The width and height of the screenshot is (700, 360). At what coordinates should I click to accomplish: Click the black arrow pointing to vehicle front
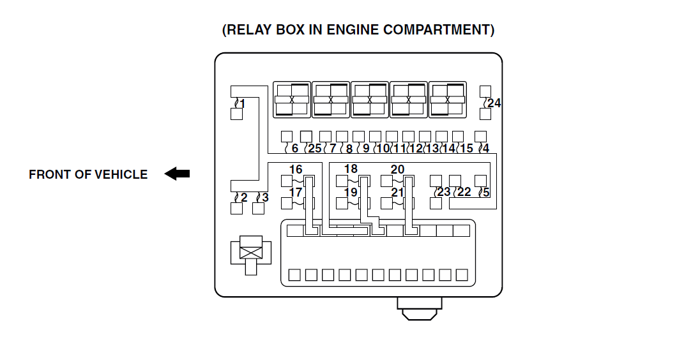[x=177, y=174]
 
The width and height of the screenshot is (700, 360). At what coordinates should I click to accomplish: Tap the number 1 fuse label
[x=242, y=103]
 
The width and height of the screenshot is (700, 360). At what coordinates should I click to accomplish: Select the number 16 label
[x=296, y=170]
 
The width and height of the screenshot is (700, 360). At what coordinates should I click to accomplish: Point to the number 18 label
[x=351, y=169]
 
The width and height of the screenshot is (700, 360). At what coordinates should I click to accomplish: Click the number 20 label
[x=397, y=169]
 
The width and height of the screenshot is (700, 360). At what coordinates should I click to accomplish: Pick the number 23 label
[x=444, y=191]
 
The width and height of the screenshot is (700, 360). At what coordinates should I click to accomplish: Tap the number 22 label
[x=464, y=191]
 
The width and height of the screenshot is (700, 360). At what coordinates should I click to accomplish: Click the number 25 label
[x=314, y=149]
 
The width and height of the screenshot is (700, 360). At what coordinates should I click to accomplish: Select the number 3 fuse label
[x=265, y=197]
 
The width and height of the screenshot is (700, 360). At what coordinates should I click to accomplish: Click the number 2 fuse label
[x=243, y=197]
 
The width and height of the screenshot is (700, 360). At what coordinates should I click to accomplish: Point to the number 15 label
[x=466, y=149]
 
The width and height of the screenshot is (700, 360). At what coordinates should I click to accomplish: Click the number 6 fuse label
[x=294, y=149]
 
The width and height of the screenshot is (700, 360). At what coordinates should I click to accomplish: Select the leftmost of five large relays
[x=292, y=100]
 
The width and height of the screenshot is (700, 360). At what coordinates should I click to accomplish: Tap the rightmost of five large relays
[x=447, y=100]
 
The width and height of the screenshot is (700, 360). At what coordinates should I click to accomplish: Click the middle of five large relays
[x=369, y=100]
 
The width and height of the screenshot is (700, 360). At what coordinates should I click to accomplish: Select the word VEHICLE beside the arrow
[x=121, y=174]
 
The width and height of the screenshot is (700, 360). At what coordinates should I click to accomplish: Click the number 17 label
[x=296, y=192]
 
